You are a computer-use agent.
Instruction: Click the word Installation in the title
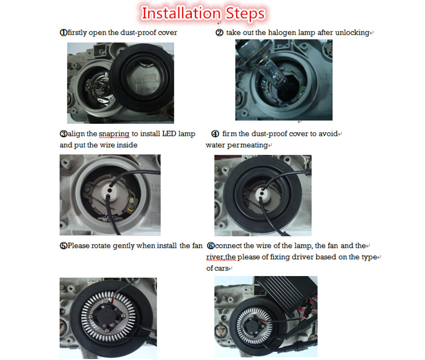pos(181,13)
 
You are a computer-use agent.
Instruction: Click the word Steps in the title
pos(245,14)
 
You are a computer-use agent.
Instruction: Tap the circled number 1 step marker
pos(63,32)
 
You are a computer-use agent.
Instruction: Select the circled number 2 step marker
pos(219,32)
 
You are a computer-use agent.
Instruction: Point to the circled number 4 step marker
pos(215,134)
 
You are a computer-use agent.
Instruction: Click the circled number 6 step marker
pos(210,246)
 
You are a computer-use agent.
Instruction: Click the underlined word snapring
pos(114,134)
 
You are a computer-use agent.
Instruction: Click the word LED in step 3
pos(169,133)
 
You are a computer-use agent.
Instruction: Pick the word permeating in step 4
pos(248,145)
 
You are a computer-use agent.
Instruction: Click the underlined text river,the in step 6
pos(221,257)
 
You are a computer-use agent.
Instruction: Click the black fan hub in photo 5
pos(107,317)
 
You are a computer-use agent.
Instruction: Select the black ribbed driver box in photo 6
pos(287,294)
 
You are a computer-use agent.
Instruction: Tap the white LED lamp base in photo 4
pos(262,194)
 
